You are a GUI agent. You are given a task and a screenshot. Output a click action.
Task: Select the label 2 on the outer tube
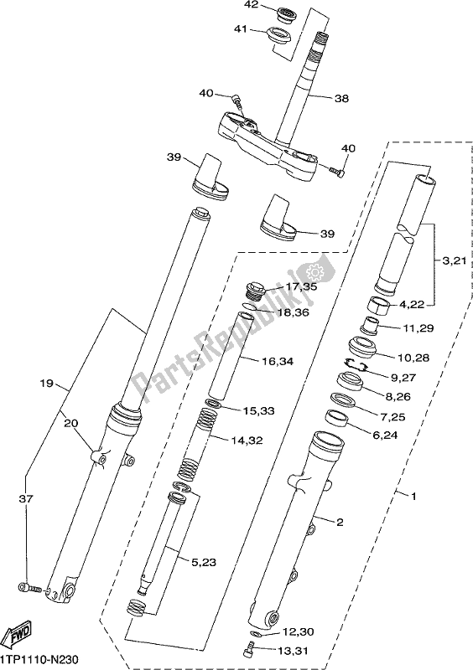339,523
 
